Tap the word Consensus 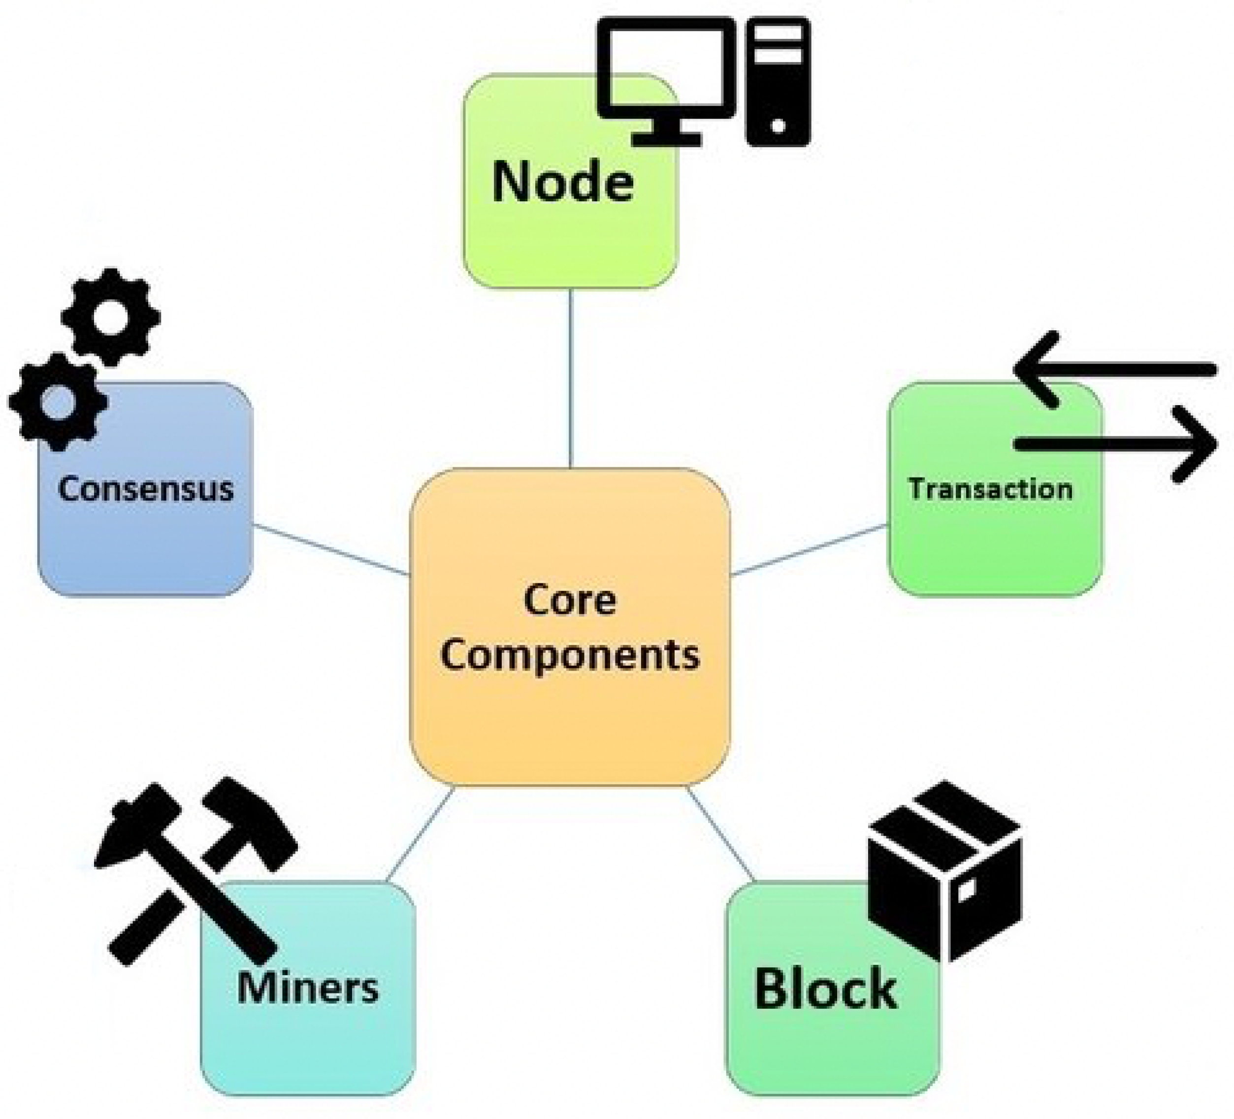pyautogui.click(x=146, y=489)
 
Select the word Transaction pyautogui.click(x=990, y=489)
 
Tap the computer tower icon pyautogui.click(x=778, y=81)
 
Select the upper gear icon pyautogui.click(x=111, y=318)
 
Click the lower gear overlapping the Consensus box pyautogui.click(x=58, y=402)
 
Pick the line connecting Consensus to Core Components pyautogui.click(x=330, y=549)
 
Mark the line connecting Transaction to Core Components pyautogui.click(x=809, y=549)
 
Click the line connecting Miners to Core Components pyautogui.click(x=421, y=833)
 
